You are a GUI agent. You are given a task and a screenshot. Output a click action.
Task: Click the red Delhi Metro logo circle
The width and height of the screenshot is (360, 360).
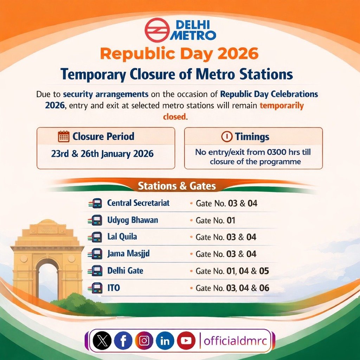[157, 30]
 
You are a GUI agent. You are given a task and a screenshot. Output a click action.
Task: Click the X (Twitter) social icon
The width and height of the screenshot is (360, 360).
[102, 341]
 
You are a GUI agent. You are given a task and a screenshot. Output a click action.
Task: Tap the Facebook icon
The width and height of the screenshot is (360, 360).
[123, 341]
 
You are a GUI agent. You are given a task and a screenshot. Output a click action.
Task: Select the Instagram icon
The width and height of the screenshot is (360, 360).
[144, 341]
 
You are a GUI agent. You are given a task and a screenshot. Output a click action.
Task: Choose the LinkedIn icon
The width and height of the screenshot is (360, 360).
[165, 341]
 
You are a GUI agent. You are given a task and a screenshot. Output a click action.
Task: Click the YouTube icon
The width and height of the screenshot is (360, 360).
[186, 341]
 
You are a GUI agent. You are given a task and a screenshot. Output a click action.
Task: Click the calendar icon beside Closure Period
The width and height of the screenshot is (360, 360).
[64, 136]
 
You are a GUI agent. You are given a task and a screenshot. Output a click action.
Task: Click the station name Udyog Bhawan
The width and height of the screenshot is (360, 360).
[133, 220]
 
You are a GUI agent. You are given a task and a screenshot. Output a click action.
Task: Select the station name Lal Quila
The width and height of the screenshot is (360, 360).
[122, 237]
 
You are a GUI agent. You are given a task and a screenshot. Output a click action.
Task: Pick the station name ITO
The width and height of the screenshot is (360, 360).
[114, 288]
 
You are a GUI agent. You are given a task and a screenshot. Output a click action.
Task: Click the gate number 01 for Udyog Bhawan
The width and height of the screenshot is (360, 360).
[231, 221]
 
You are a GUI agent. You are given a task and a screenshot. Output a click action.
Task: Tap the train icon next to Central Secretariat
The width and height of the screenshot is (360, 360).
[96, 203]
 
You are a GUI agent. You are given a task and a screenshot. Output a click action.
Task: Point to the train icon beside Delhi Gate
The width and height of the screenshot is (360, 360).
[96, 271]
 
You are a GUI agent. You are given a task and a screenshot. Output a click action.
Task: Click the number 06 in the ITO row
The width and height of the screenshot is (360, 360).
[264, 288]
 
